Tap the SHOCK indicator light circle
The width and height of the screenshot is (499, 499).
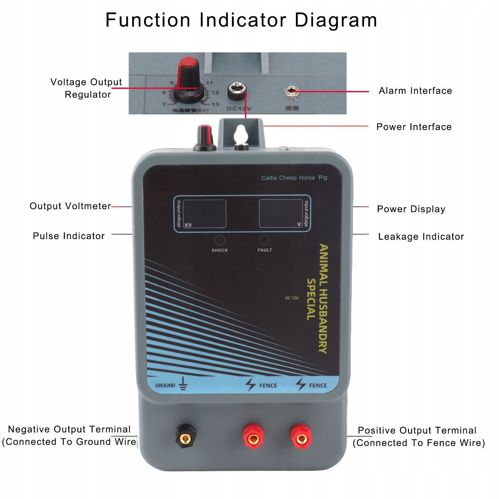point(220,240)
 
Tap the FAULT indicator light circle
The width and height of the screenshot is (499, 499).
point(265,240)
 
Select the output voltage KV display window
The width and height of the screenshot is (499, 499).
point(204,214)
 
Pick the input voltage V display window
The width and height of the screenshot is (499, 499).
point(281,214)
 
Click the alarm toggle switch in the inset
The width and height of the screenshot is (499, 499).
point(291,92)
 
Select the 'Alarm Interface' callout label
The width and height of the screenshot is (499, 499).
point(415,91)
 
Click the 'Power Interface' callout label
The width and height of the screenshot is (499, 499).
point(414,127)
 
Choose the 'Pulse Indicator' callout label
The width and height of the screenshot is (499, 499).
point(69,236)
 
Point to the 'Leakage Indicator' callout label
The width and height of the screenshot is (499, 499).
point(421,237)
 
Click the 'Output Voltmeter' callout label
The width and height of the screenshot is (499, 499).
point(70,206)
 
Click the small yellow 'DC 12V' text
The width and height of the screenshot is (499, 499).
point(292,298)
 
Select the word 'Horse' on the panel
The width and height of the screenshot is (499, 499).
point(307,178)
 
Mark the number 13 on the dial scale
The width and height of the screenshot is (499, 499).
point(215,104)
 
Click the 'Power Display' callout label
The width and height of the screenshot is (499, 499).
point(411,209)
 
